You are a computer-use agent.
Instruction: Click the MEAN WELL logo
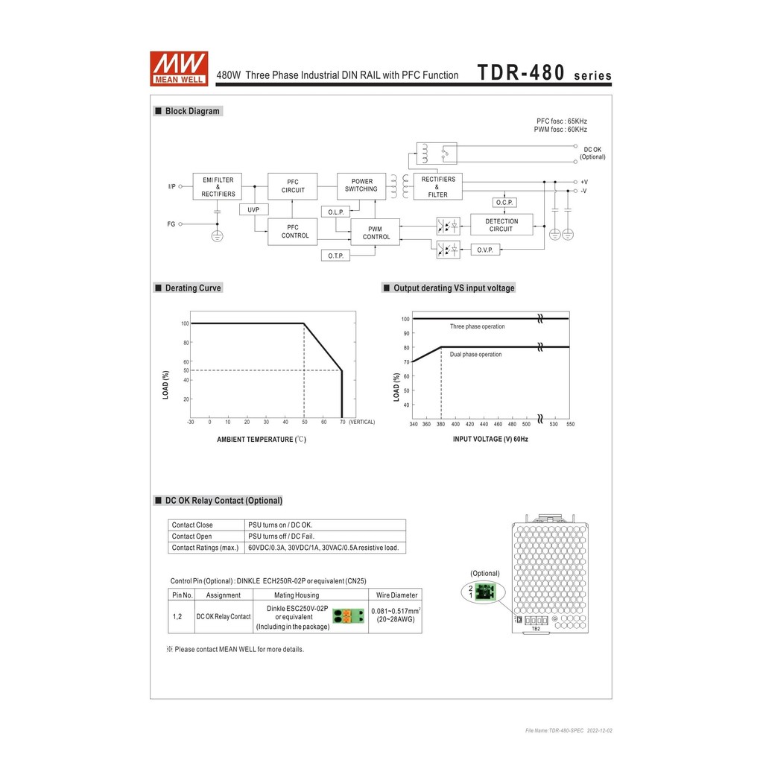179,69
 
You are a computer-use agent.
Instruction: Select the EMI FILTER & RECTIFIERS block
218,187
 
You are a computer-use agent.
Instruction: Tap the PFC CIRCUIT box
293,186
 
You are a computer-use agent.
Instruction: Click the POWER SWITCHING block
361,186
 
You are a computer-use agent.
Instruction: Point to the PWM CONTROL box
376,232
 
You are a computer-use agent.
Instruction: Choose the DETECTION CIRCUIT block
501,225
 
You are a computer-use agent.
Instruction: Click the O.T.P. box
335,256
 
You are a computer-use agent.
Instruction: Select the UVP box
253,210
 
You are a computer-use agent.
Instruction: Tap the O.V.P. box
485,250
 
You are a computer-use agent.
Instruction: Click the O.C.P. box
504,203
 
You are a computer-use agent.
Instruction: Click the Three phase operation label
477,326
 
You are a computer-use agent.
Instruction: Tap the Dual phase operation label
475,355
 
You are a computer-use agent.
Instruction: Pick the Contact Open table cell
191,536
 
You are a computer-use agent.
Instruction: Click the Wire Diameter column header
396,595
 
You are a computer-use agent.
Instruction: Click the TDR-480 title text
521,74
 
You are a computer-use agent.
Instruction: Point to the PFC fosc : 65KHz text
562,121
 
